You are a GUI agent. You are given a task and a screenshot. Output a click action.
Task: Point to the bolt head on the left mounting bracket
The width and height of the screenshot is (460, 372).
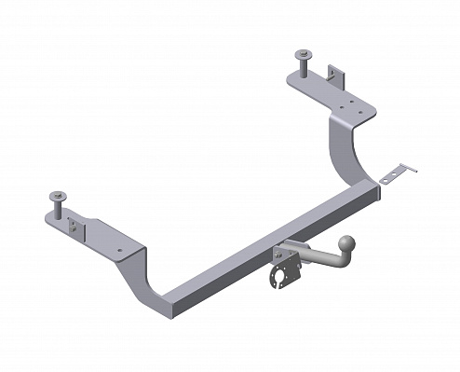(x=57, y=195)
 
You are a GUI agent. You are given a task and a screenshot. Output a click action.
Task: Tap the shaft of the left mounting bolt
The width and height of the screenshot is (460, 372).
(x=58, y=206)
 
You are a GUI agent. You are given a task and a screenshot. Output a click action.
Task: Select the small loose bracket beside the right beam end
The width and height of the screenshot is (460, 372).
(x=398, y=173)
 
